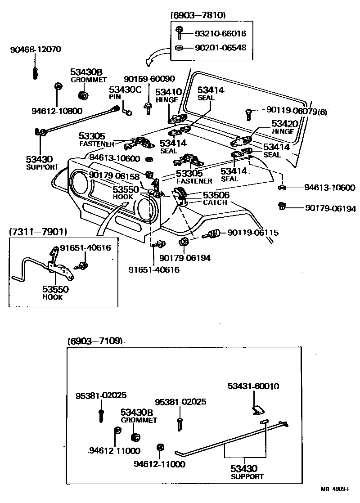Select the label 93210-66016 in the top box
[220, 33]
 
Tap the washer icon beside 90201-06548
[179, 47]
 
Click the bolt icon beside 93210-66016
[179, 32]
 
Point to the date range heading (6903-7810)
[198, 15]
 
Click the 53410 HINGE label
[168, 95]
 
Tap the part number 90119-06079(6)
[296, 109]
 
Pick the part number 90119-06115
[253, 233]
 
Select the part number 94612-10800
[50, 111]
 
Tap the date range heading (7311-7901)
[38, 232]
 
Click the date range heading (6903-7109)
[95, 341]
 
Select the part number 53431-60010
[253, 386]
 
